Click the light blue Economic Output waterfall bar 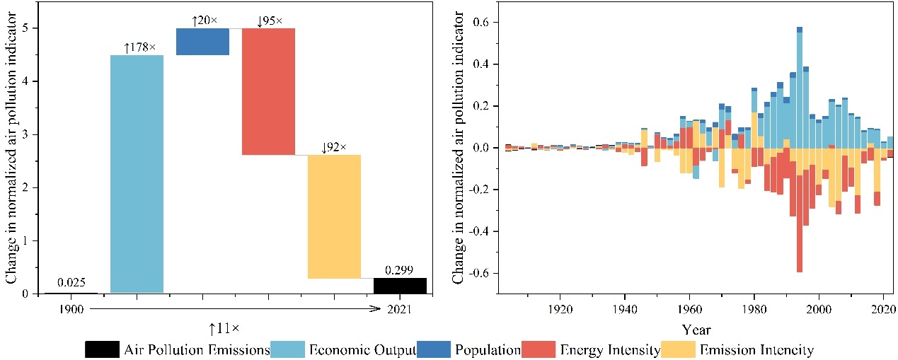tap(137, 173)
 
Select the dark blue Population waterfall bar tap(202, 42)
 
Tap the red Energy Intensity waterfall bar tap(268, 91)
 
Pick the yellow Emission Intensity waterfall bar tap(334, 216)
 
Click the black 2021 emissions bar tap(400, 286)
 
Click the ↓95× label tap(269, 21)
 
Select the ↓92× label tap(334, 148)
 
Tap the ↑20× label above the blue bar tap(205, 21)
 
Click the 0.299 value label tap(400, 270)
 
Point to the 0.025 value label tap(71, 284)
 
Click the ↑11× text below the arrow tap(222, 327)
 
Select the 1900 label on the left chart tap(71, 309)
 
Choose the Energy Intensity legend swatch tap(539, 349)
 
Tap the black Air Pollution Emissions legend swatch tap(102, 349)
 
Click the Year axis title tap(696, 329)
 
